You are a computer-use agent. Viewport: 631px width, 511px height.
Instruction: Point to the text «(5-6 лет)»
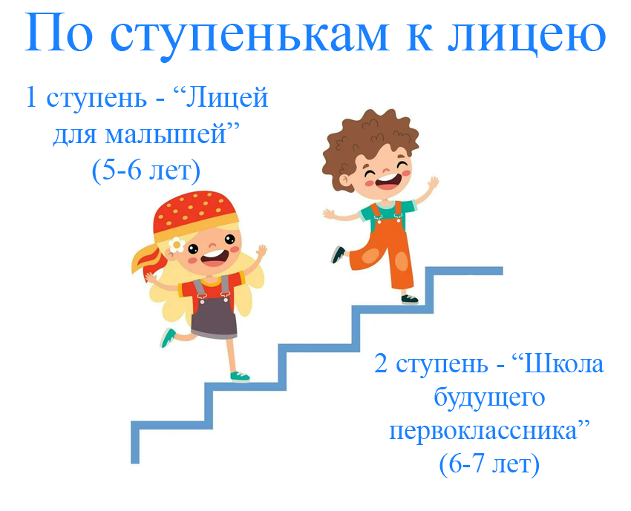point(146,171)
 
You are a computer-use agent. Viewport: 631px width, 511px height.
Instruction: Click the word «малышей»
point(166,134)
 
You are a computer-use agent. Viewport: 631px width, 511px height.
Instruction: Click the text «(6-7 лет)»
point(489,464)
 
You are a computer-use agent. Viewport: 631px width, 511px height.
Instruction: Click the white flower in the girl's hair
point(177,245)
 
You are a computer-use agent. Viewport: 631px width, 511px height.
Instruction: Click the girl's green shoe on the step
point(240,377)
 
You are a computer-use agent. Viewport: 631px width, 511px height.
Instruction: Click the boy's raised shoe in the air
point(338,254)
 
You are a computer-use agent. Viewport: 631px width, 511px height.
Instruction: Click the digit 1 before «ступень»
point(30,97)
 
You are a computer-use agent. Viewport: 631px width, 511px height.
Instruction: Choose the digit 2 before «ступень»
point(381,363)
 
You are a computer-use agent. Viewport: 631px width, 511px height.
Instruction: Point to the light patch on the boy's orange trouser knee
point(401,261)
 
